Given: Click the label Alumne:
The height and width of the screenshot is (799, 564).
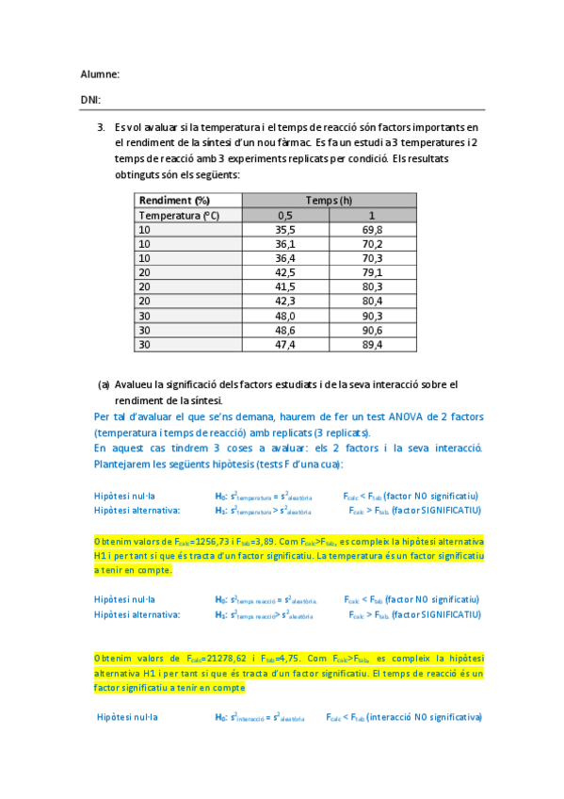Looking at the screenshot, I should pyautogui.click(x=100, y=74).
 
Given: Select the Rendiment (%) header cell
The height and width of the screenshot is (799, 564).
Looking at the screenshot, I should pyautogui.click(x=174, y=201).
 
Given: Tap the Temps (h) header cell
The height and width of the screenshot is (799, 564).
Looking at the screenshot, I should pyautogui.click(x=329, y=201).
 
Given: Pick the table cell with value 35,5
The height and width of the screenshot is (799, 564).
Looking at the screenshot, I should pyautogui.click(x=285, y=230).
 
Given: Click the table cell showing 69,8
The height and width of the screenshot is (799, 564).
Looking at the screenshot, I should pyautogui.click(x=372, y=230).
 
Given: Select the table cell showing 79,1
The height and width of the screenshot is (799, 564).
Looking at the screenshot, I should pyautogui.click(x=372, y=273).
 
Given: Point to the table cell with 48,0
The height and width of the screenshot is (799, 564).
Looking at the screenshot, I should pyautogui.click(x=285, y=317).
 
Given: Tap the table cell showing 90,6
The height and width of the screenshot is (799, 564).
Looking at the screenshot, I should pyautogui.click(x=372, y=331).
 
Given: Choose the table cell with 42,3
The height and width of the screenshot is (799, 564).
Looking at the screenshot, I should pyautogui.click(x=285, y=302).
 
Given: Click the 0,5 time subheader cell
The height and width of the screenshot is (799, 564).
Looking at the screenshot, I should pyautogui.click(x=285, y=215).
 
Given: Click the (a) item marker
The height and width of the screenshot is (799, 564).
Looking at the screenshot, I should pyautogui.click(x=104, y=384).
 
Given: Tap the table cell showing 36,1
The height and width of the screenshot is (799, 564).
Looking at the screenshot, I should pyautogui.click(x=285, y=244).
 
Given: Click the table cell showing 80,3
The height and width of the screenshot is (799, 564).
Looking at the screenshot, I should pyautogui.click(x=372, y=287).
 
